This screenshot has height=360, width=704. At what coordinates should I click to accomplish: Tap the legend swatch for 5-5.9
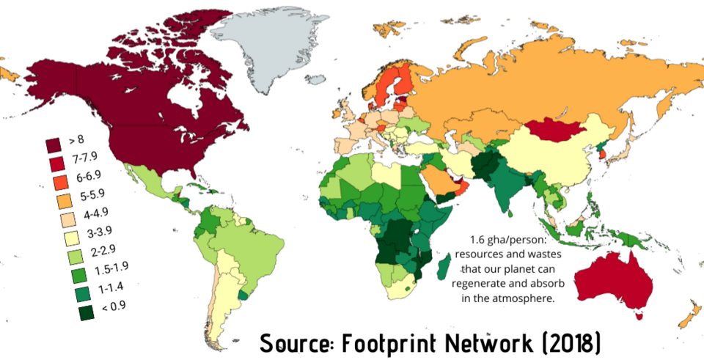click(53, 199)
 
